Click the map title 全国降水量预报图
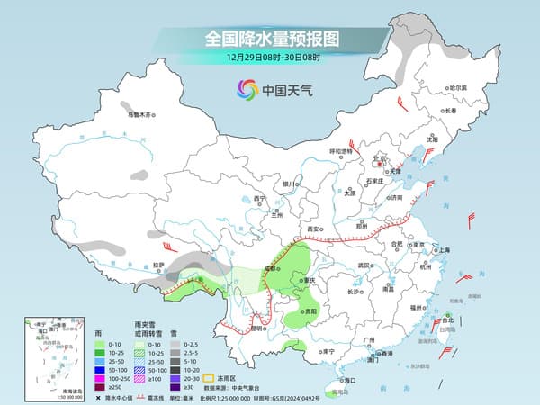(270, 39)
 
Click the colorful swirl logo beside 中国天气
(246, 89)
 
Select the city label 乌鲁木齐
(140, 114)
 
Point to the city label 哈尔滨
(458, 87)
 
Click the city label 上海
(443, 249)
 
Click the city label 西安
(313, 230)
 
